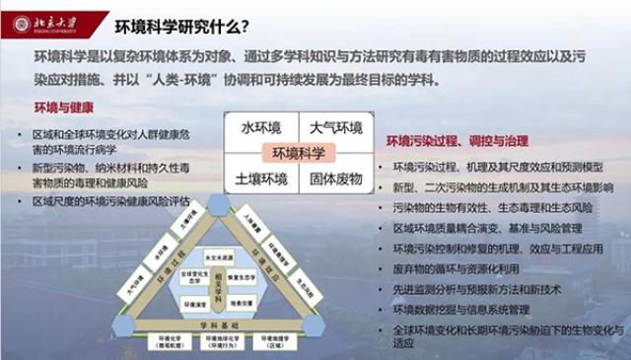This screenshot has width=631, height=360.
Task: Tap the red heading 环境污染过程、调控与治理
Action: tap(463, 141)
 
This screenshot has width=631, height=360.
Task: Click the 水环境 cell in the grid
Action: tap(260, 127)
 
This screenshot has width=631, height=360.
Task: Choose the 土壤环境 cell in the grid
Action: tap(260, 180)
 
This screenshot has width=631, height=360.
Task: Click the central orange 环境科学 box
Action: tap(299, 153)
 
